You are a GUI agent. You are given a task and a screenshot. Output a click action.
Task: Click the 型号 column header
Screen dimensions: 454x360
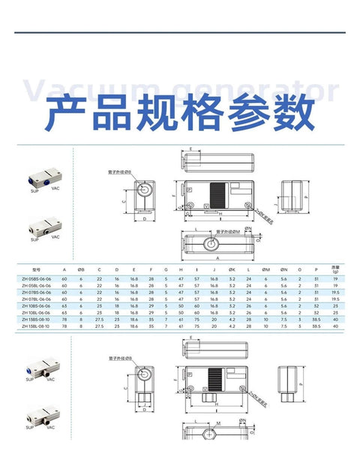[34, 269]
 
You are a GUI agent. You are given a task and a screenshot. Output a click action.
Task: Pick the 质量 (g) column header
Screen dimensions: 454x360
[335, 269]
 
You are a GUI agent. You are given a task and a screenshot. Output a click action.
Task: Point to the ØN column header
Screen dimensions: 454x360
[283, 269]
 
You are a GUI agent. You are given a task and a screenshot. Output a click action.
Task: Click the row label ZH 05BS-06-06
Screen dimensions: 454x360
[35, 278]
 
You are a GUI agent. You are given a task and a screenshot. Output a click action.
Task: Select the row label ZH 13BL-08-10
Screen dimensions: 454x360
[35, 327]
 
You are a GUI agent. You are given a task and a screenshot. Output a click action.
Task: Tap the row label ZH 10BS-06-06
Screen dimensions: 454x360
[35, 306]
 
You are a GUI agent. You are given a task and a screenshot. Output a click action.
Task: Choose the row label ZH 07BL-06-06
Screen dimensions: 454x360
[35, 299]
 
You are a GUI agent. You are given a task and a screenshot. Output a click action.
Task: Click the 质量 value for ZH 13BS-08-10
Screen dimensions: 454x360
[335, 320]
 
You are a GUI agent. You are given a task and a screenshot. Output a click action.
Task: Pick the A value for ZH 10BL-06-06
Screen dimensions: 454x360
[64, 313]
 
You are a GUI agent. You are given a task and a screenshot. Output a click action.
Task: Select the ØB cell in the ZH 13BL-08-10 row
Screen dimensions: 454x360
[81, 327]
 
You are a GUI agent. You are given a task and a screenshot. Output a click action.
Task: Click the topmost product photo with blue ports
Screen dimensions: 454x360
[42, 181]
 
